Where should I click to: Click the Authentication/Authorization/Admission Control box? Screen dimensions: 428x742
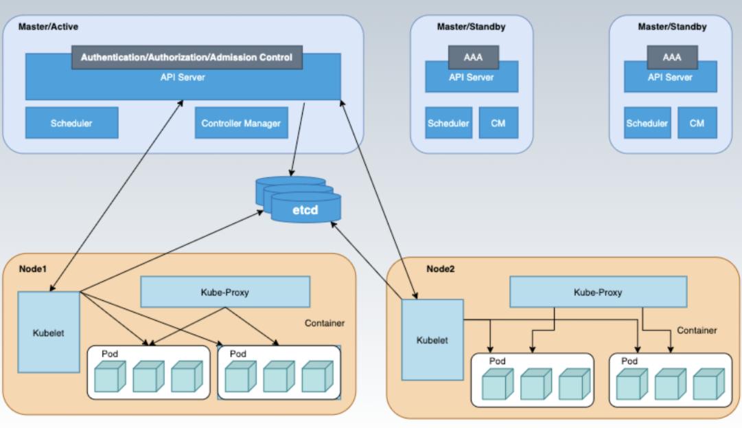pyautogui.click(x=187, y=57)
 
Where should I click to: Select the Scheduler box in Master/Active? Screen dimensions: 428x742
pyautogui.click(x=71, y=124)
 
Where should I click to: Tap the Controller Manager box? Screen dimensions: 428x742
pyautogui.click(x=241, y=124)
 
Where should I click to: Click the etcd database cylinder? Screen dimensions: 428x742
pyautogui.click(x=305, y=209)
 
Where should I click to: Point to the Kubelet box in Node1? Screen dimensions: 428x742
pyautogui.click(x=48, y=333)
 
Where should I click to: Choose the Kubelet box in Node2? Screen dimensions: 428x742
pyautogui.click(x=432, y=339)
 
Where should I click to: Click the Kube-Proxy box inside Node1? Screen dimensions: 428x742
pyautogui.click(x=224, y=292)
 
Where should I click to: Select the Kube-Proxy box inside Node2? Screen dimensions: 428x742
pyautogui.click(x=597, y=292)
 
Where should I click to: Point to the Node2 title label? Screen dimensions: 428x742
pyautogui.click(x=441, y=269)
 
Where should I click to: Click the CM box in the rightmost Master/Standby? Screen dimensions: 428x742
pyautogui.click(x=697, y=124)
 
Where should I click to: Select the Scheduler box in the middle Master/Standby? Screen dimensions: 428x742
pyautogui.click(x=448, y=124)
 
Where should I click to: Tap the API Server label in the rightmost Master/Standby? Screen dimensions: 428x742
pyautogui.click(x=671, y=77)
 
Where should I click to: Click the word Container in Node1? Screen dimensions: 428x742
pyautogui.click(x=325, y=323)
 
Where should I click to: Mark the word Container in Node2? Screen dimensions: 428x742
pyautogui.click(x=697, y=330)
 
